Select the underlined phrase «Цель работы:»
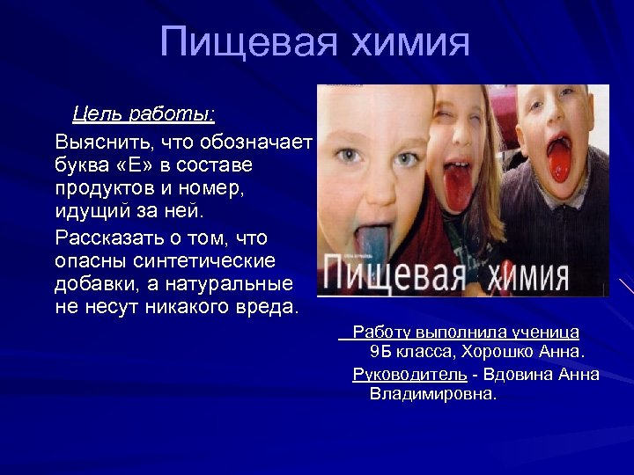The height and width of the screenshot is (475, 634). (144, 114)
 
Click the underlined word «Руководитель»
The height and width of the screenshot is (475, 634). (409, 374)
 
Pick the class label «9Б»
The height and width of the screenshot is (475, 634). (380, 352)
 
